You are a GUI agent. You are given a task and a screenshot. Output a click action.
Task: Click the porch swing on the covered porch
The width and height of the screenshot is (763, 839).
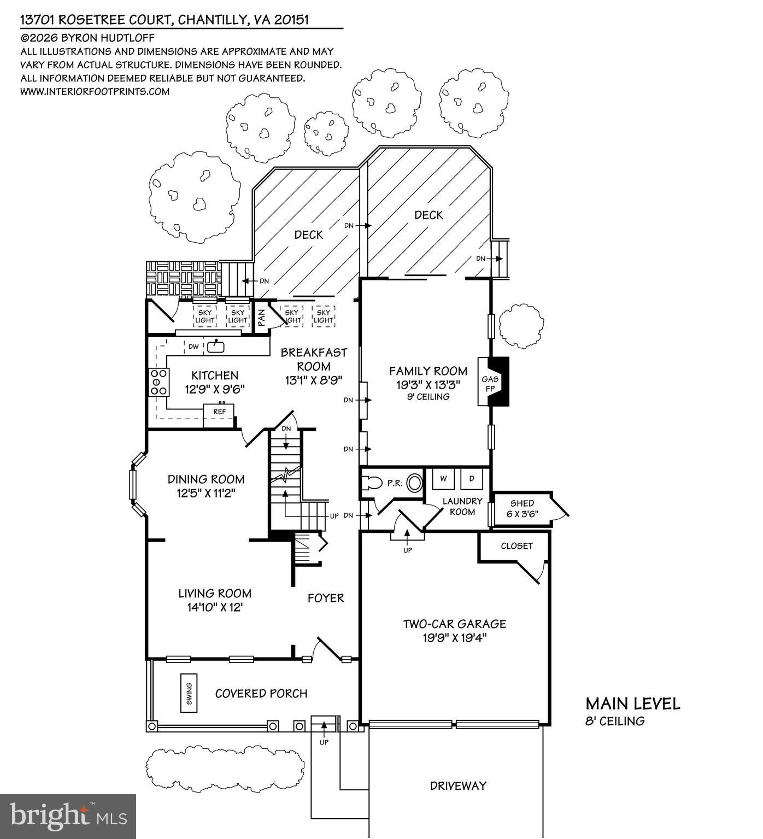click(x=189, y=693)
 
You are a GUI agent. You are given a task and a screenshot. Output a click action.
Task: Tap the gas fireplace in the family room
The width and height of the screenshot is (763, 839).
click(x=492, y=381)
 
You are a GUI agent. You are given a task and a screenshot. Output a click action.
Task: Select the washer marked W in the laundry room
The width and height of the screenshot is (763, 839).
click(x=444, y=479)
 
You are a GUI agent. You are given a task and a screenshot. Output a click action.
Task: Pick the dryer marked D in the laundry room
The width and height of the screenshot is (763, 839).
click(x=472, y=479)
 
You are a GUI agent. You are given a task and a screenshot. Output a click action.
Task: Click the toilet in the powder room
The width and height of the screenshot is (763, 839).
click(x=373, y=483)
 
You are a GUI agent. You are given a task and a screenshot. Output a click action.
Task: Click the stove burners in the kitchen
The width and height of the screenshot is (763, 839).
click(x=159, y=382)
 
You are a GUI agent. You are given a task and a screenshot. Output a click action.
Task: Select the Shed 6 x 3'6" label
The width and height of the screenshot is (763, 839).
click(x=522, y=508)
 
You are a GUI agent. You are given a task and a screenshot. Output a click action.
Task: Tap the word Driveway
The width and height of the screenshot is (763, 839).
click(x=458, y=786)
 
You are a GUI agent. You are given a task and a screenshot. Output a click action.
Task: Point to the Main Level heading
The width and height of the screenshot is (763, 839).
click(x=633, y=704)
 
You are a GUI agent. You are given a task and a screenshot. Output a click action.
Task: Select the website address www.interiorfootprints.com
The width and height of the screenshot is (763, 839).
click(x=95, y=91)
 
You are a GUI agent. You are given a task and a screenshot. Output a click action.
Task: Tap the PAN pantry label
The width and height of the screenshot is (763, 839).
click(x=262, y=318)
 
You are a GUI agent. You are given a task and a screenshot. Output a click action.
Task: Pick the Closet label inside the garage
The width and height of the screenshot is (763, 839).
click(x=517, y=546)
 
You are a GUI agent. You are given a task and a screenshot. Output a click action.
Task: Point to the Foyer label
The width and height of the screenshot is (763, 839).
click(x=326, y=598)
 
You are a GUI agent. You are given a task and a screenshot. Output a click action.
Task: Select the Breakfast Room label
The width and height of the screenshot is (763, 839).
click(x=314, y=359)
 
